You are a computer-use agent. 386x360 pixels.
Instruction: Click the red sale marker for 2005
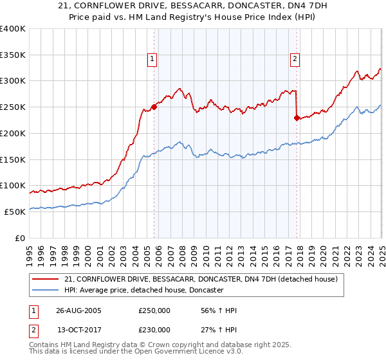154,107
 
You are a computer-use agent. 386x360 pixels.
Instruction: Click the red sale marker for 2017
297,118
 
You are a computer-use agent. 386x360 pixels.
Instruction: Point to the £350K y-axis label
13,55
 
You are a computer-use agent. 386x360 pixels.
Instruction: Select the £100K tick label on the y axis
13,186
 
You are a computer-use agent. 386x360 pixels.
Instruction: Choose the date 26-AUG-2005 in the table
78,311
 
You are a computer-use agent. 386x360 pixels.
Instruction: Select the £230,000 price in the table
154,330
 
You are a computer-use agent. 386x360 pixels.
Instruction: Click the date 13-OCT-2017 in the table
78,330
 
